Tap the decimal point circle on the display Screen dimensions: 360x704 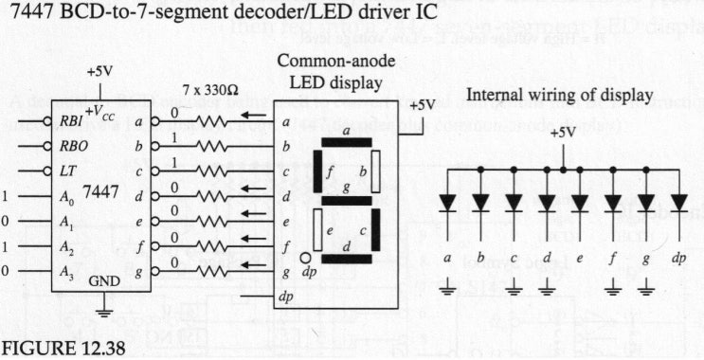(305, 257)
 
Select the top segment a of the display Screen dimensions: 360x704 (347, 142)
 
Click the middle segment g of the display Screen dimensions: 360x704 (347, 200)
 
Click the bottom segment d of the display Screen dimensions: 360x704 (347, 258)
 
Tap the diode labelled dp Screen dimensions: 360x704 (679, 202)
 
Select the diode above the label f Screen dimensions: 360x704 (613, 202)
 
